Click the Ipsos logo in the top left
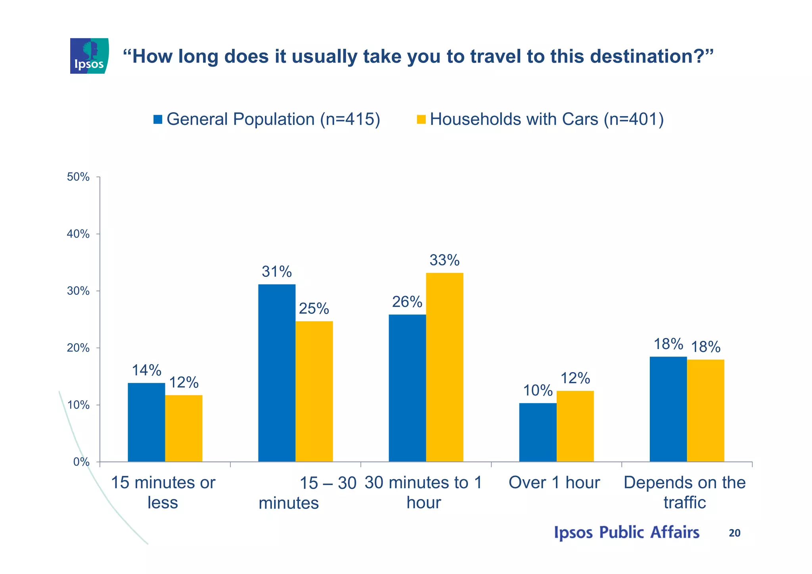[x=89, y=56]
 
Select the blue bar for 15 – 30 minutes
[x=277, y=373]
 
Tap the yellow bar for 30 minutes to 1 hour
[x=444, y=367]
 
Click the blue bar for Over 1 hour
[x=538, y=432]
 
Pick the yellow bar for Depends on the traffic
[x=705, y=411]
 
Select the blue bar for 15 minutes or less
[x=146, y=422]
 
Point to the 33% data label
[x=444, y=261]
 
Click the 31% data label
[x=277, y=272]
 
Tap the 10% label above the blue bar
[x=538, y=391]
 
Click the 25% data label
[x=314, y=309]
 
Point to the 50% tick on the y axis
[x=79, y=177]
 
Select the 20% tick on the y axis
[x=79, y=348]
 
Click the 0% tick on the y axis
[x=81, y=462]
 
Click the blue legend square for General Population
[x=158, y=119]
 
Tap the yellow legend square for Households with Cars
[x=421, y=119]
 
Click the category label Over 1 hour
[x=554, y=483]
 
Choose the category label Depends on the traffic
[x=685, y=492]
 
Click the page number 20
[x=734, y=533]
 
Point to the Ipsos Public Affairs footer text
[x=626, y=532]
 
